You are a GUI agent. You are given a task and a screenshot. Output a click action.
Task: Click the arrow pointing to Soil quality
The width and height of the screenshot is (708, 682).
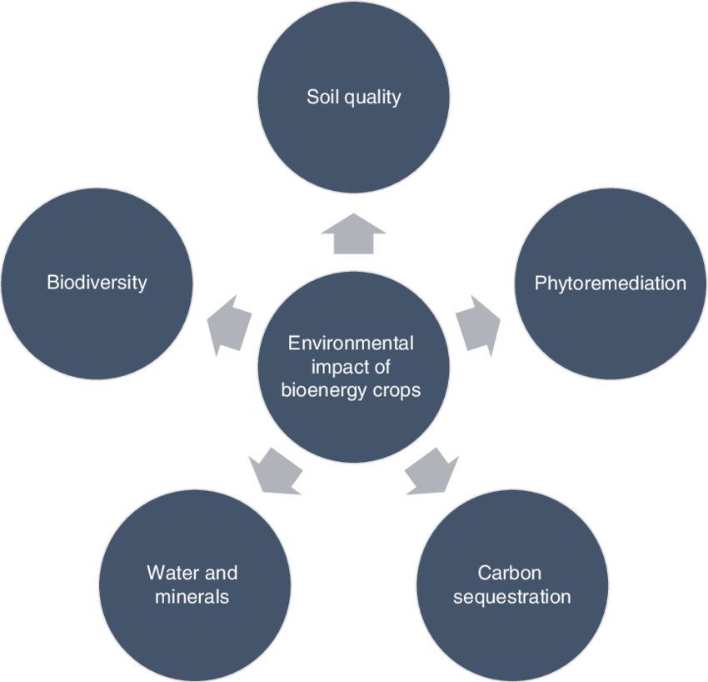pyautogui.click(x=353, y=233)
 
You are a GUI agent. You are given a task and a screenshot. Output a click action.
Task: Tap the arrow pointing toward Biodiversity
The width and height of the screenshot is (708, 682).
pyautogui.click(x=229, y=323)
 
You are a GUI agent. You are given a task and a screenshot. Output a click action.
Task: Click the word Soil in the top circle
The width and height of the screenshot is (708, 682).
pyautogui.click(x=322, y=97)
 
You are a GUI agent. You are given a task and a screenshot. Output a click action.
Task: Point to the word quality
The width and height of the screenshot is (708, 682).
pyautogui.click(x=371, y=98)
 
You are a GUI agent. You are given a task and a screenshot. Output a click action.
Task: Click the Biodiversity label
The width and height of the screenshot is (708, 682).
pyautogui.click(x=97, y=282)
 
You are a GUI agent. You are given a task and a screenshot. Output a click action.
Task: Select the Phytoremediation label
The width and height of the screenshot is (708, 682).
pyautogui.click(x=611, y=283)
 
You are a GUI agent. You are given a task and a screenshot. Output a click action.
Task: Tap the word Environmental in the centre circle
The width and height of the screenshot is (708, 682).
pyautogui.click(x=350, y=343)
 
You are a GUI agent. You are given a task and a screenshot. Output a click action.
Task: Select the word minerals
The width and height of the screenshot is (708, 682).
pyautogui.click(x=192, y=597)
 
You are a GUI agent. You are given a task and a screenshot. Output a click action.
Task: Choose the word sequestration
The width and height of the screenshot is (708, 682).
pyautogui.click(x=512, y=597)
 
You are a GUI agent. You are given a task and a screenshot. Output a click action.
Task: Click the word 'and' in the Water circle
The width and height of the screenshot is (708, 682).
pyautogui.click(x=221, y=573)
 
